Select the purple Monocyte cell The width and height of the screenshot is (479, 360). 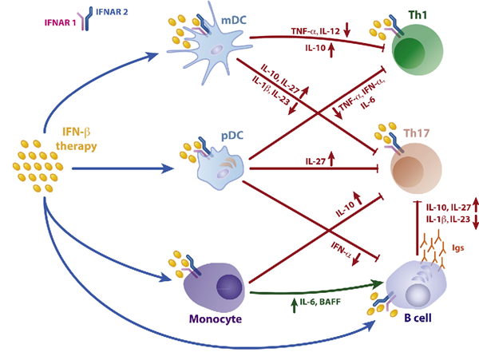point(216,283)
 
